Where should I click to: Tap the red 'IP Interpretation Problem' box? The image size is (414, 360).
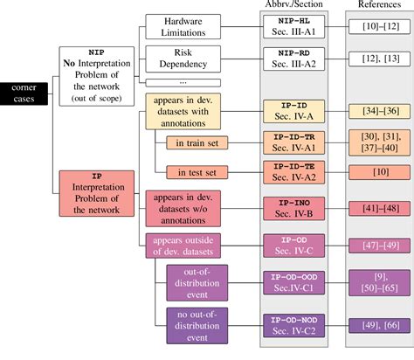[97, 197]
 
